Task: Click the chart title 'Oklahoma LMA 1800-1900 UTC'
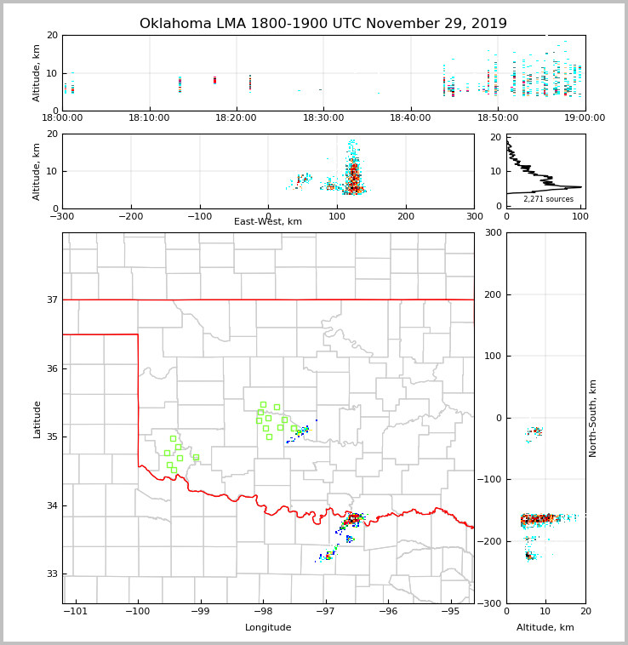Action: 323,24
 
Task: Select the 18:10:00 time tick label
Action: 149,117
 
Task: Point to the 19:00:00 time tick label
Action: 584,117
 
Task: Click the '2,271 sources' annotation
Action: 548,199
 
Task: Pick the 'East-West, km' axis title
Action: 268,222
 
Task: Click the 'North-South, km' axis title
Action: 593,418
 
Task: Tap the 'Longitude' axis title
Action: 268,628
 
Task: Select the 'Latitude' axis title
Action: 37,419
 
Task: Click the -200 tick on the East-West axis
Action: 131,216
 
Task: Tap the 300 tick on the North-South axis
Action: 490,233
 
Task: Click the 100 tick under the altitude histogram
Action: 579,216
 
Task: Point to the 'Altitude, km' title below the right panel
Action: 545,628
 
